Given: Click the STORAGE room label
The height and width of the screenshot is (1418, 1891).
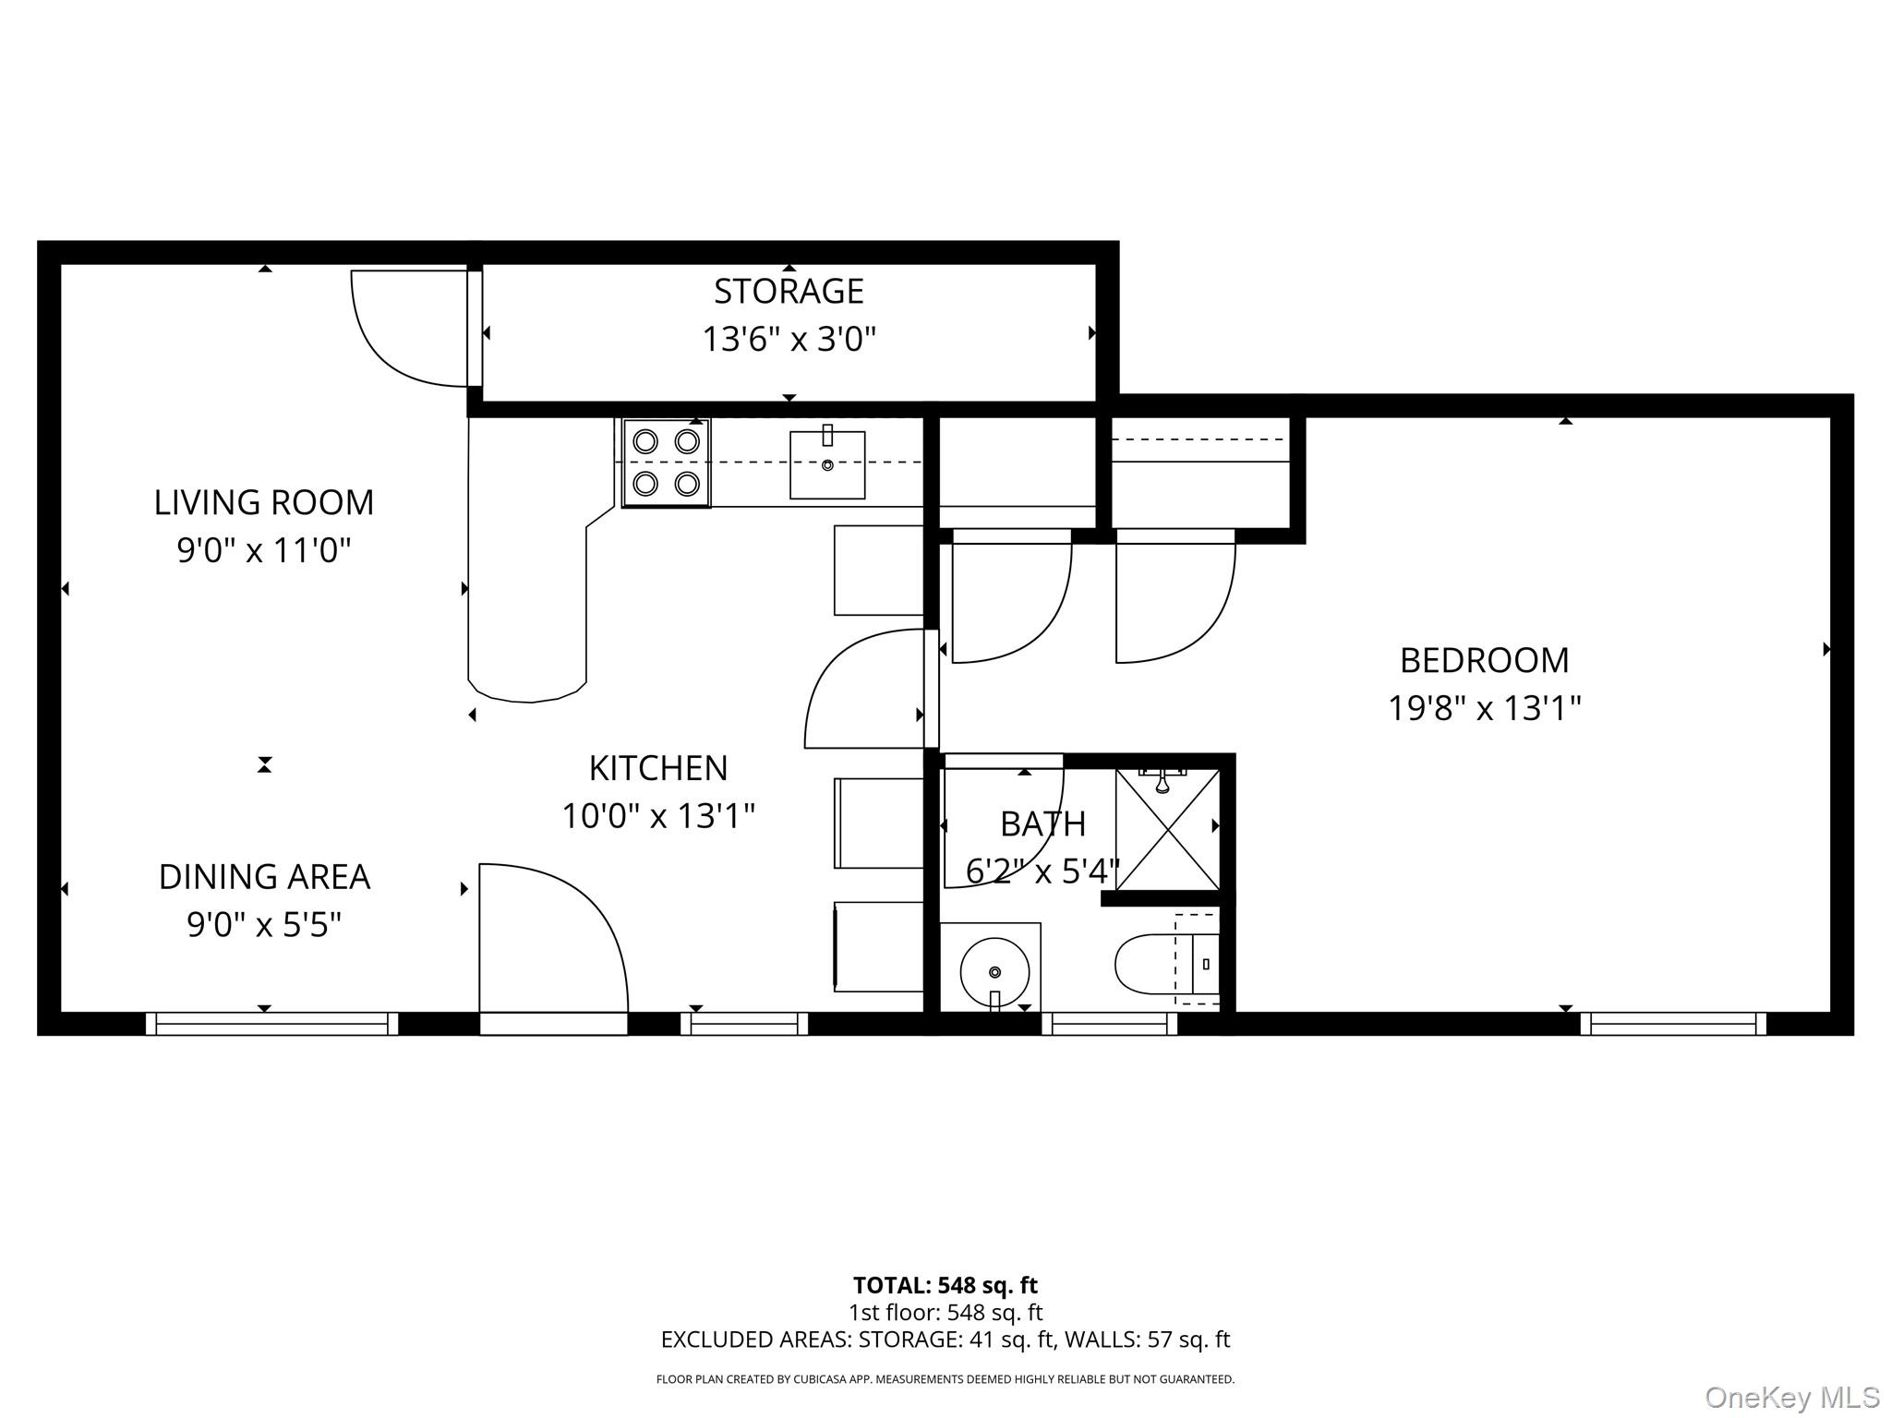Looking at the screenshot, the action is [789, 292].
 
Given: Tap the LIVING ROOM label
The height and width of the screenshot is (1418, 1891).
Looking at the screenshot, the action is [264, 503].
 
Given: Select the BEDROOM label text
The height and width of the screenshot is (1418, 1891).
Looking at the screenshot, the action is [1484, 661].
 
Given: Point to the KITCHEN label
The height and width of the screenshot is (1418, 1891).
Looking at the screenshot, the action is [658, 768].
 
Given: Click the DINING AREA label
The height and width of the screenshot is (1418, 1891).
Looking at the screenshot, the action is [264, 877].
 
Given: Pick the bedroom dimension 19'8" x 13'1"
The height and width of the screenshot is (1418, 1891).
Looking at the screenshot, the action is [1484, 709].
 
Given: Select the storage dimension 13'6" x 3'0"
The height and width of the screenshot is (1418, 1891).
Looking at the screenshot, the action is [789, 340].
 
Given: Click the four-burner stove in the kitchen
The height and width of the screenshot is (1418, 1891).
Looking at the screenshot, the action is [666, 463].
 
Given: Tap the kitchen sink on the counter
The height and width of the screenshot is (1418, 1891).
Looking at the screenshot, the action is [827, 464].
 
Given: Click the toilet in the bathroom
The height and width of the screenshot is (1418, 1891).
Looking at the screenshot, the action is [1167, 965].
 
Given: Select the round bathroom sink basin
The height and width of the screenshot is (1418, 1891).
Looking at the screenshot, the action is [994, 972].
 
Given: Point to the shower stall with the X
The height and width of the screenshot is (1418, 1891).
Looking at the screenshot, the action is [1168, 830].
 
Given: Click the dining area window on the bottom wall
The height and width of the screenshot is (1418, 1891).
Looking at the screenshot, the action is [271, 1023].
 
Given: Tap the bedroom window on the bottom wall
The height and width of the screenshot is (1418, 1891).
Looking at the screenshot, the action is [1673, 1023].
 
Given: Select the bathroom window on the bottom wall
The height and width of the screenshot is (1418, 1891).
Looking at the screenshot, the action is [1110, 1023].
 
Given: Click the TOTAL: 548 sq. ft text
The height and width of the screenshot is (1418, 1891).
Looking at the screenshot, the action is [945, 1285].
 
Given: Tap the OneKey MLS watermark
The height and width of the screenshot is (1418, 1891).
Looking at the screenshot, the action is [1792, 1397].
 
